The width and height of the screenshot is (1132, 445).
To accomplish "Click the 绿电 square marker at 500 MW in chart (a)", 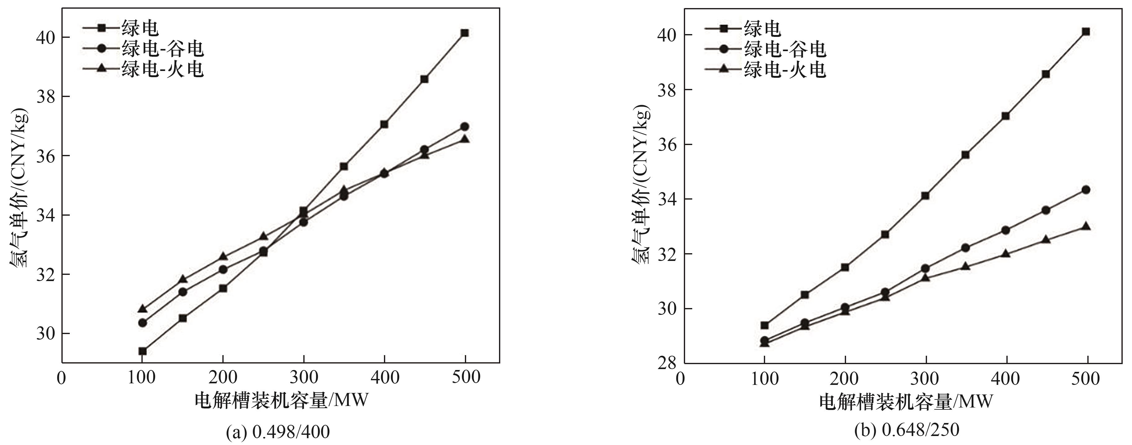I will [465, 33].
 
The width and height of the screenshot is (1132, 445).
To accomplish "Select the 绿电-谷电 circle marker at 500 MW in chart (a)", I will [465, 126].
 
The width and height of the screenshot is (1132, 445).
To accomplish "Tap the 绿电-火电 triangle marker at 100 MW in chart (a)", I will [142, 309].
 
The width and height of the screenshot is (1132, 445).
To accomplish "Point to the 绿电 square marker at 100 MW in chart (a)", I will [142, 351].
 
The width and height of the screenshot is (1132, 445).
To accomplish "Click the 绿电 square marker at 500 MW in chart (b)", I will [1086, 32].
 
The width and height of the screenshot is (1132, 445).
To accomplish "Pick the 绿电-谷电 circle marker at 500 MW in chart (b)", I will [1086, 190].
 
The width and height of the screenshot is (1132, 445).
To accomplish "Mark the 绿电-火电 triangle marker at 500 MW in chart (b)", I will [1086, 226].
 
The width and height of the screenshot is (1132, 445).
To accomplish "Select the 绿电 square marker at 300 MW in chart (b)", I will [925, 196].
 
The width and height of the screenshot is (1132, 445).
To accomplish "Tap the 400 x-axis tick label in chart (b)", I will [1005, 379].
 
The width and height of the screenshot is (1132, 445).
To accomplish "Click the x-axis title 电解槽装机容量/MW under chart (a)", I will [281, 401].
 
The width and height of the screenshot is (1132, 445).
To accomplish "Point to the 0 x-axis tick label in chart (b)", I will [680, 379].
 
